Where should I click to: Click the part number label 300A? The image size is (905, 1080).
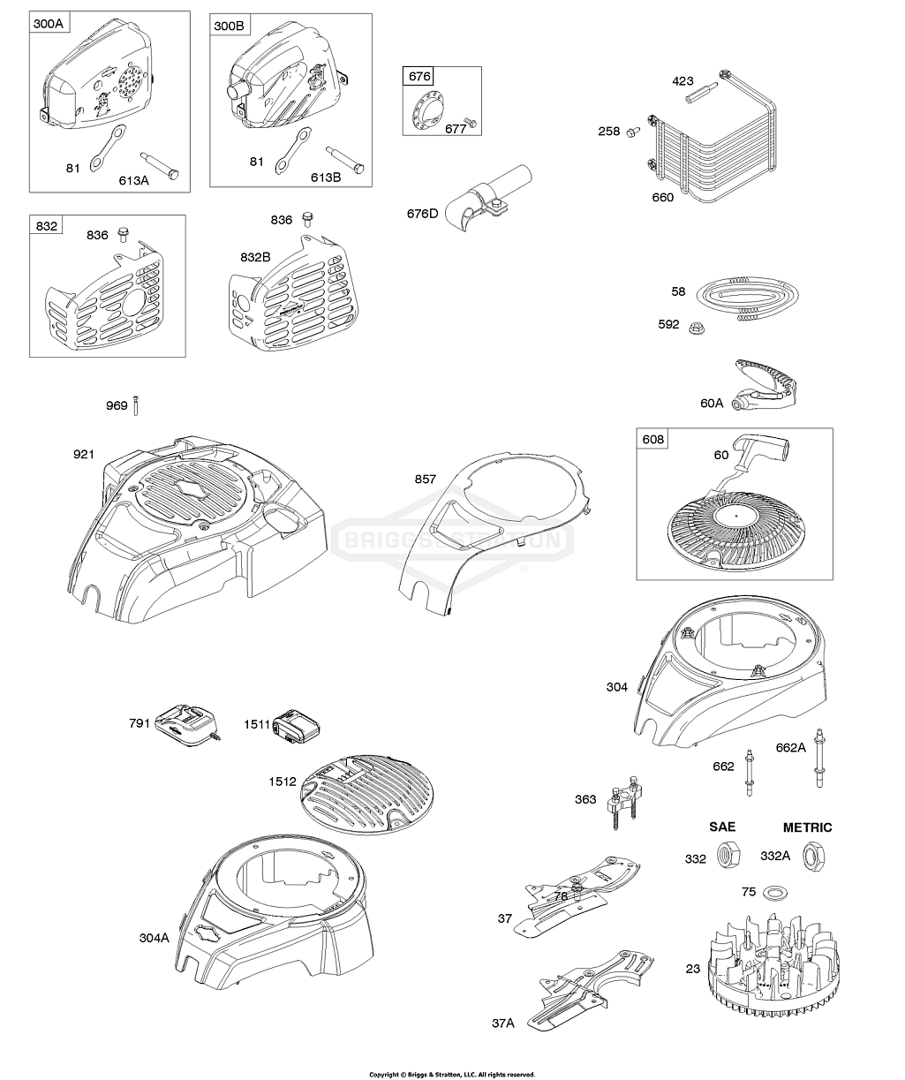click(49, 25)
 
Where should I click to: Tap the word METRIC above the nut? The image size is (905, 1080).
click(807, 827)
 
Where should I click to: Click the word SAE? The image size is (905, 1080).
click(722, 827)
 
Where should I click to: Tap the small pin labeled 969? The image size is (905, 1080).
click(137, 405)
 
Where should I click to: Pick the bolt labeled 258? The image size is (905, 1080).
click(632, 132)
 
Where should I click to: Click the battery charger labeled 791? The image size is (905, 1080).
click(185, 723)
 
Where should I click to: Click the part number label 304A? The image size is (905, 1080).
click(154, 938)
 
